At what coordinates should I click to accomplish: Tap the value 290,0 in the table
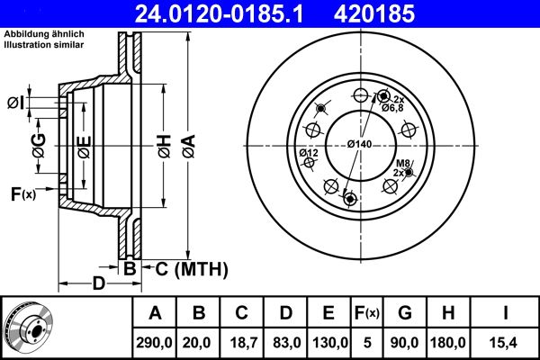tap(155, 342)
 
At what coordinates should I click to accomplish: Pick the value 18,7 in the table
tap(242, 342)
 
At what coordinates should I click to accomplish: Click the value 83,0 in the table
tap(286, 342)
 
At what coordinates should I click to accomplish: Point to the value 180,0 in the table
tap(447, 342)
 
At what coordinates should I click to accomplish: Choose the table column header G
tap(405, 314)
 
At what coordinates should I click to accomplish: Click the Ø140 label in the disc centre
tap(360, 144)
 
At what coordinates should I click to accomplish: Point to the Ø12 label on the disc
tap(310, 153)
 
